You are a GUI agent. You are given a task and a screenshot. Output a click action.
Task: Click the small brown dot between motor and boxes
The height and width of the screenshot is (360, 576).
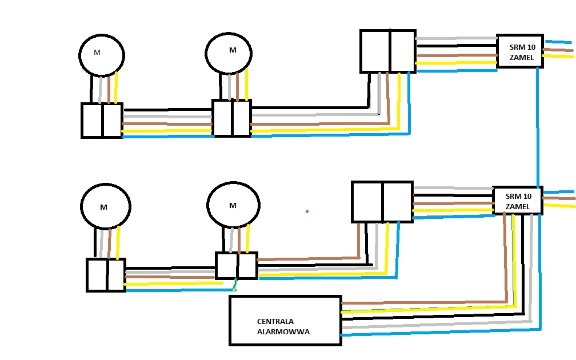(307, 211)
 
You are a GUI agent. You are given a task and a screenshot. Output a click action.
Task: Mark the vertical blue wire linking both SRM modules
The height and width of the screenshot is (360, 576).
(538, 127)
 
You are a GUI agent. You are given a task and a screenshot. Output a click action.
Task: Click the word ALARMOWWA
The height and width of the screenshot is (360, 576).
(283, 331)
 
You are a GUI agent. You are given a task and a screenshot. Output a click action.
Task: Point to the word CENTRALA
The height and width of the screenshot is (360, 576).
(275, 321)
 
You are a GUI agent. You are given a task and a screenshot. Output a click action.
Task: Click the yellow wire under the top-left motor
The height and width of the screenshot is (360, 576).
(116, 87)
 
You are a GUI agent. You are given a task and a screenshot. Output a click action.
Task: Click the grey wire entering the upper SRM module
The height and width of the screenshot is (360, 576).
(456, 38)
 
